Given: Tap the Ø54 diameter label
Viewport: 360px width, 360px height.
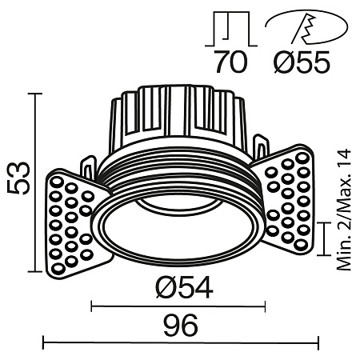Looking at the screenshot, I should pos(180,287).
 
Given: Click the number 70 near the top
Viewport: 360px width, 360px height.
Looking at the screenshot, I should pos(233,62).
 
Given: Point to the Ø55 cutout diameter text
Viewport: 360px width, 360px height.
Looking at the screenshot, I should pos(302,62).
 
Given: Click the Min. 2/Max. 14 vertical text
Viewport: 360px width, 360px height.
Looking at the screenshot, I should pos(345,210).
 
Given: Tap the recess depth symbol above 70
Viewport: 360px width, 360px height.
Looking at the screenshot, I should pos(233,29).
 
